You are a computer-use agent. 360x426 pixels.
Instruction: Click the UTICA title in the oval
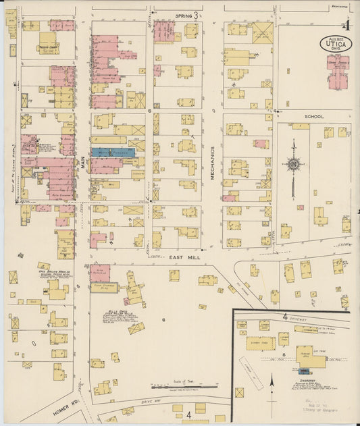(335, 45)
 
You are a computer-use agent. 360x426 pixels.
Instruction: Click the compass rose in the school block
(293, 164)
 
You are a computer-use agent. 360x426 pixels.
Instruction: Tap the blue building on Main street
(112, 153)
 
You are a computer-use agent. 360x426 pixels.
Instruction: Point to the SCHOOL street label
(314, 117)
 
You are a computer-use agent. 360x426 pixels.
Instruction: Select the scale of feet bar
(182, 388)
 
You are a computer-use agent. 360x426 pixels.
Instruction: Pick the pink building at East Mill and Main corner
(99, 273)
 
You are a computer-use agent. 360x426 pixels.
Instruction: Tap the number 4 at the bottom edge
(189, 415)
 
